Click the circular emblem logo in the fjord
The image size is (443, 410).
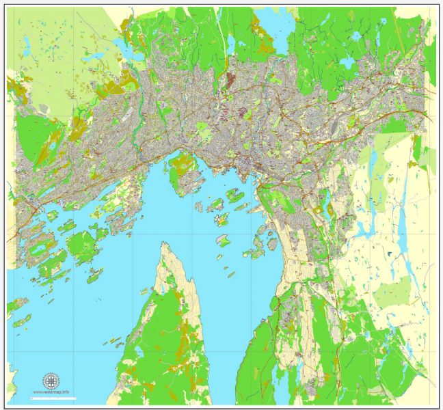51,380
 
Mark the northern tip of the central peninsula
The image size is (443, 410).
163,244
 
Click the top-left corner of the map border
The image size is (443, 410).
7,7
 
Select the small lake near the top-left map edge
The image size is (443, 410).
25,50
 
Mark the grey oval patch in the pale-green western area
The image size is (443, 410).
43,109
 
